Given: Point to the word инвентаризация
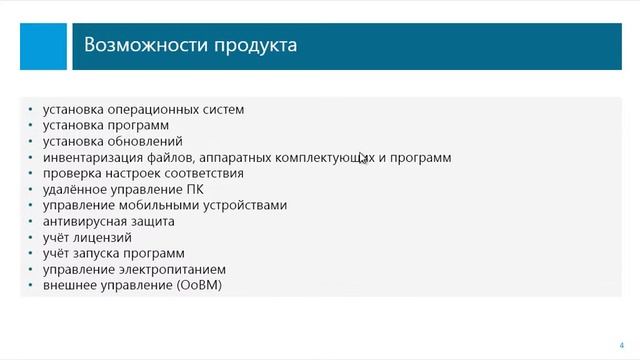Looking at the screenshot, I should [x=89, y=158].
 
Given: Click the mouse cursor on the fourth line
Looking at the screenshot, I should [x=364, y=158].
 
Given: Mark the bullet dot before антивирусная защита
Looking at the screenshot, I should [x=32, y=222].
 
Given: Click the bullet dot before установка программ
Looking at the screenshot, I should [x=32, y=126].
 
